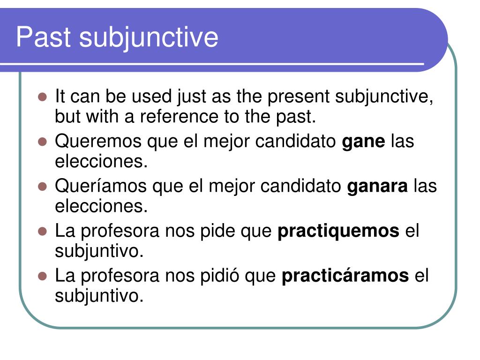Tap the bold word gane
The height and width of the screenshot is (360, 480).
[x=363, y=141]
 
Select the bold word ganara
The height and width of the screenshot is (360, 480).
[x=377, y=186]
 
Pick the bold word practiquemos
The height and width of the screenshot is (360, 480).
[x=338, y=231]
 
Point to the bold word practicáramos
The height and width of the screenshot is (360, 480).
[x=345, y=276]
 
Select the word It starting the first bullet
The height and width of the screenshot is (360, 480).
[x=60, y=97]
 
